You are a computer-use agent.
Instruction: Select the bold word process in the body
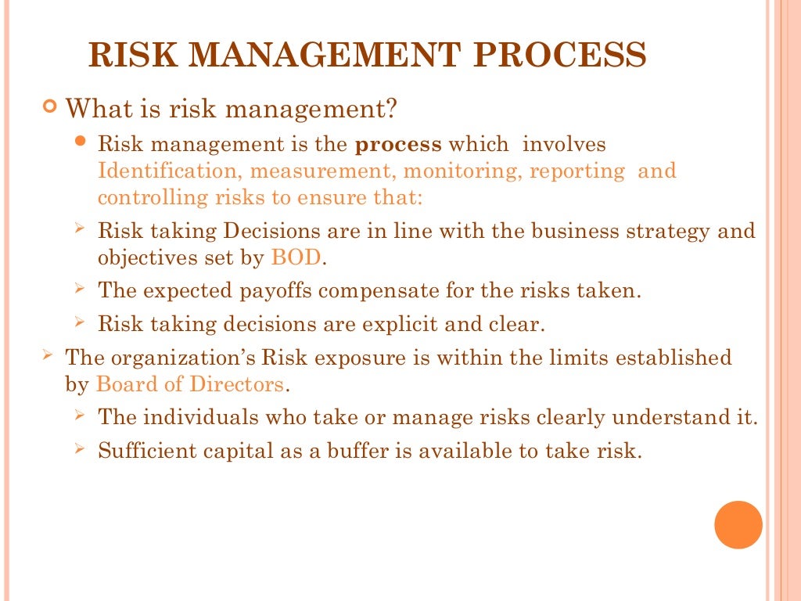tap(398, 145)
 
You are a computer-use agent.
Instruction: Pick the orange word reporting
tap(577, 171)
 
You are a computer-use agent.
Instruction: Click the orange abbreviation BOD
tap(296, 257)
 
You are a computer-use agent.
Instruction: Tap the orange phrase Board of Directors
tap(190, 384)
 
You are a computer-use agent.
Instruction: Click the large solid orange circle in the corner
tap(738, 524)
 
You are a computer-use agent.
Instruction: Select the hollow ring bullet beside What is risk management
tap(51, 106)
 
